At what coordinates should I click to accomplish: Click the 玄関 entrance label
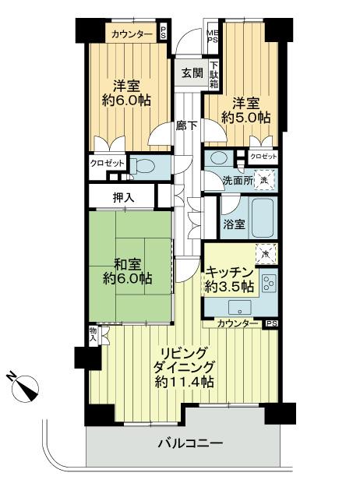pyautogui.click(x=192, y=73)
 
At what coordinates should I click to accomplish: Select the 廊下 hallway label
pyautogui.click(x=185, y=125)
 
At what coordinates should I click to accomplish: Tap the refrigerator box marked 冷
pyautogui.click(x=266, y=254)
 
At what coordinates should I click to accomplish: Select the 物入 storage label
pyautogui.click(x=94, y=335)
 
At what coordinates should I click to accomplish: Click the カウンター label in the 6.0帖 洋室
pyautogui.click(x=130, y=34)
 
